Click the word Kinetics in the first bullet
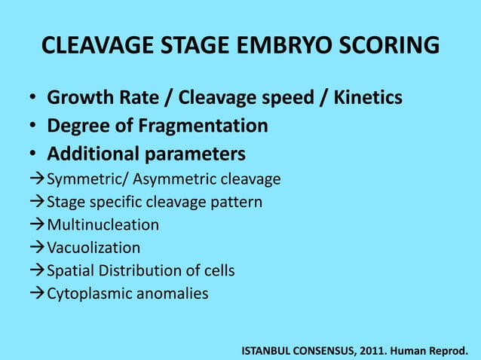366,99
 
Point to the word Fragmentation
200,126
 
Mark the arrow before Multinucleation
38,225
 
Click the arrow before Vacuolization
38,248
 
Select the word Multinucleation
103,225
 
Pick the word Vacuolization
93,248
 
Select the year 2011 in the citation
365,350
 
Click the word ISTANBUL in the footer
271,350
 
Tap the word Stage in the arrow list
65,203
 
